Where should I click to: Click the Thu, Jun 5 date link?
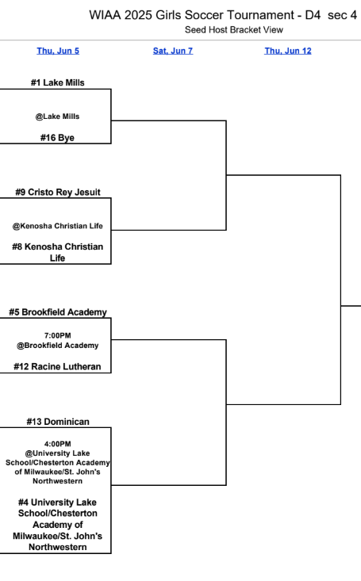58,51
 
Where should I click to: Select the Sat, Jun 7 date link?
172,51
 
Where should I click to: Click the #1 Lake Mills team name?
56,82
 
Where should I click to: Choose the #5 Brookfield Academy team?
58,312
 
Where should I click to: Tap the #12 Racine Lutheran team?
58,366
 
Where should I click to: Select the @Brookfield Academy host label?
57,346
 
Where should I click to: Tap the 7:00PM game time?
57,335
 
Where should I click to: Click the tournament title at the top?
223,16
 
